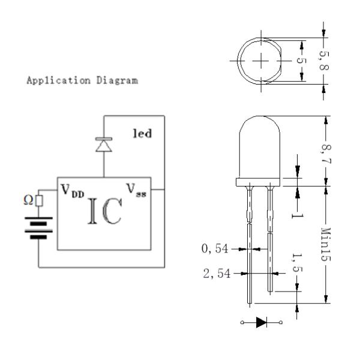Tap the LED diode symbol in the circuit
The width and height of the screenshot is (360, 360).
coord(104,144)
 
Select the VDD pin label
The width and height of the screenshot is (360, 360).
coord(70,191)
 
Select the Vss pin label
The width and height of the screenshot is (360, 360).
coord(136,191)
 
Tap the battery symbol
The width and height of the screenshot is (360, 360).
coord(39,229)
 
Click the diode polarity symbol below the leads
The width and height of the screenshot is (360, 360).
coord(261,323)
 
